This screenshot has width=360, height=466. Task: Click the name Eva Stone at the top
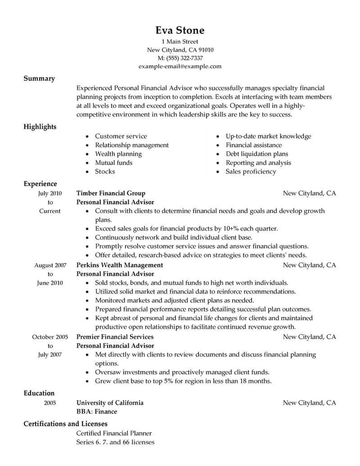[x=180, y=30]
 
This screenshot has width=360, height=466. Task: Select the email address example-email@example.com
[x=180, y=66]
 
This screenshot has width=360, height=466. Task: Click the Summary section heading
[x=39, y=78]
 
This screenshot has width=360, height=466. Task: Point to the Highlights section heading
[x=40, y=127]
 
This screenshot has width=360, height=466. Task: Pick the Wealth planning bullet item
[x=118, y=154]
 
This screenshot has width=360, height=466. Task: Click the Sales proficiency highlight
[x=251, y=172]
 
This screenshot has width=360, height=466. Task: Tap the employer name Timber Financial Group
[x=111, y=193]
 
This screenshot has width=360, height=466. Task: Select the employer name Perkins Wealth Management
[x=120, y=265]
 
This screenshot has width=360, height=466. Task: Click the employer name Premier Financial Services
[x=115, y=337]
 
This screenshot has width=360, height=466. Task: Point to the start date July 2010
[x=50, y=193]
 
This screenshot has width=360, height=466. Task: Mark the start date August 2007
[x=50, y=265]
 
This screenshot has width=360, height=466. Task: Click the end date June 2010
[x=50, y=283]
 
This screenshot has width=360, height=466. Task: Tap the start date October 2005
[x=50, y=337]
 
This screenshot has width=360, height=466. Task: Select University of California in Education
[x=110, y=403]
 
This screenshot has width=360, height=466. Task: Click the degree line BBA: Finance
[x=97, y=412]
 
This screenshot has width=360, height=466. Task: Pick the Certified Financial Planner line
[x=114, y=433]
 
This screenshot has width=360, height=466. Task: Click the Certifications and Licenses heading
[x=65, y=424]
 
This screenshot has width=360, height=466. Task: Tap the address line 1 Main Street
[x=180, y=41]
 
